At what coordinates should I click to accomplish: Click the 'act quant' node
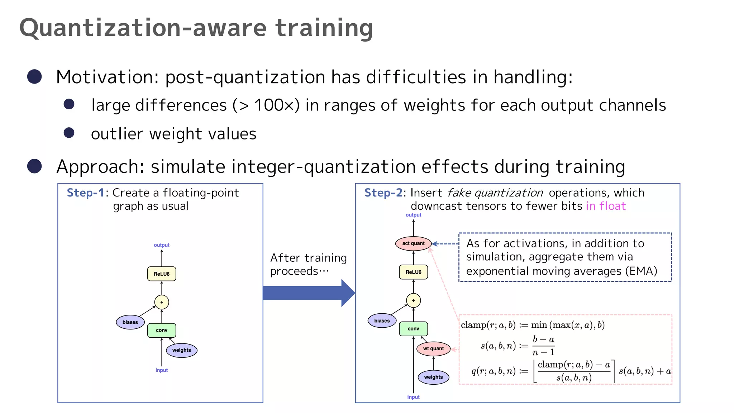(413, 243)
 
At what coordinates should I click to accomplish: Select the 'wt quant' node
(433, 348)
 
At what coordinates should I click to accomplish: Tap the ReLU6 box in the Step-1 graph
(162, 274)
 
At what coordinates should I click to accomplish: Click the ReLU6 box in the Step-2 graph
(413, 272)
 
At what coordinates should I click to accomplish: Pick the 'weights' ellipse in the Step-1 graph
(181, 350)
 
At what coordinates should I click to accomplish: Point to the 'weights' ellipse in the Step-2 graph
(433, 377)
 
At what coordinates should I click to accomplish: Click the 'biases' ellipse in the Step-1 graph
(130, 322)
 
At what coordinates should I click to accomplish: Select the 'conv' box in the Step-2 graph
(413, 329)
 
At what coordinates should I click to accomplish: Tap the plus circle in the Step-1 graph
(162, 302)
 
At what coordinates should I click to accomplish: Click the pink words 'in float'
(606, 206)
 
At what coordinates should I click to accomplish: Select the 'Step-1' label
(85, 193)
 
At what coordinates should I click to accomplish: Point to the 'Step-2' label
(383, 193)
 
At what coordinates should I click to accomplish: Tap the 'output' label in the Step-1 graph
(162, 245)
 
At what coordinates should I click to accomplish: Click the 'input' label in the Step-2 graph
(413, 397)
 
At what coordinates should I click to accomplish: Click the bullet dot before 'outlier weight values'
(69, 133)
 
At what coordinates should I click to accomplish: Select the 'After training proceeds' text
(308, 264)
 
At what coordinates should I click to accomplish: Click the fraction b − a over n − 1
(543, 346)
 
